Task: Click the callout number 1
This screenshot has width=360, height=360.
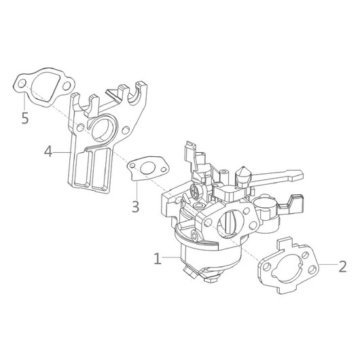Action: point(158,259)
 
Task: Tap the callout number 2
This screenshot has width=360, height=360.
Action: point(342,266)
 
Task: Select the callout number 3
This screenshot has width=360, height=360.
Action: point(136,206)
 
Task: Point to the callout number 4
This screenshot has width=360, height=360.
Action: point(48,151)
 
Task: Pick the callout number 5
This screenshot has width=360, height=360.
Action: point(25,118)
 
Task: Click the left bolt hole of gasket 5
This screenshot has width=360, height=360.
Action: point(22,84)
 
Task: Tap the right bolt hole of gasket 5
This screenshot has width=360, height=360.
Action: point(67,86)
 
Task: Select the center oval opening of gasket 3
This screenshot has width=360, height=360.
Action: point(147,168)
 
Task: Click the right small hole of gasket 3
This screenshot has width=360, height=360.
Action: point(164,169)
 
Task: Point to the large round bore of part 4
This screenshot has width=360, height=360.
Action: point(101,129)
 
